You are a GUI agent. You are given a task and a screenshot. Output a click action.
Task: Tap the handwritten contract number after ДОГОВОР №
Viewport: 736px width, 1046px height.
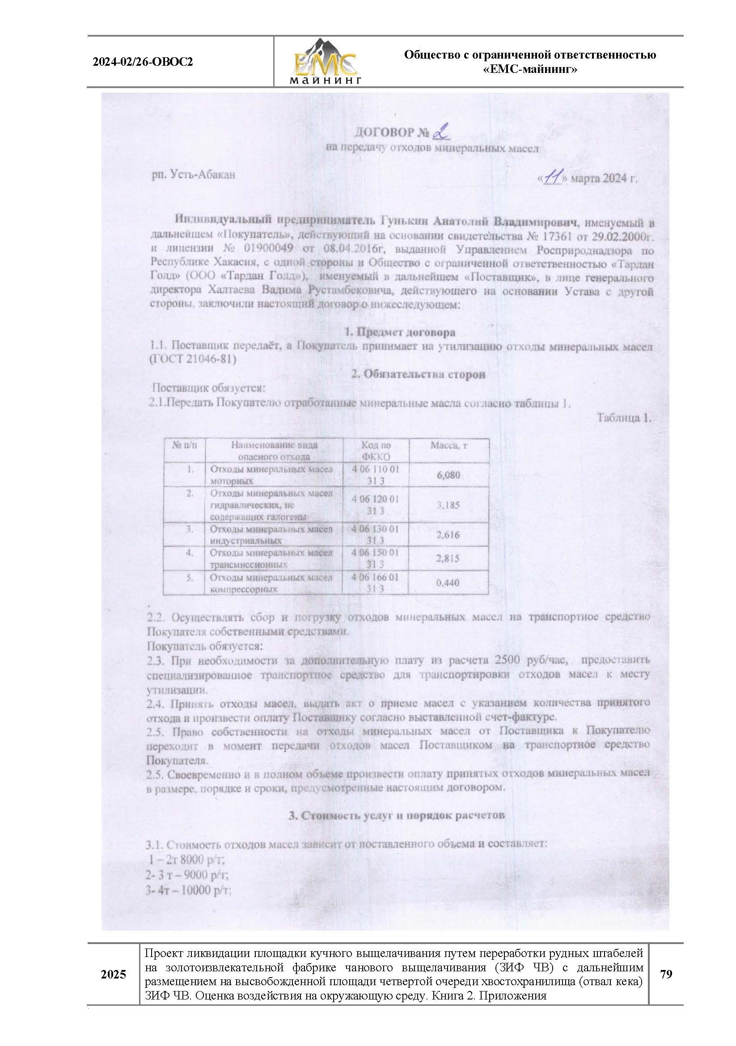tap(441, 133)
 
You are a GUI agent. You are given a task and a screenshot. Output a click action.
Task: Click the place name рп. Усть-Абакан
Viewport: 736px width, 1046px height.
tap(194, 174)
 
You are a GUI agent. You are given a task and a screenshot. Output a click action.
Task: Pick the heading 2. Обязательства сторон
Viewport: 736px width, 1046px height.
tap(418, 374)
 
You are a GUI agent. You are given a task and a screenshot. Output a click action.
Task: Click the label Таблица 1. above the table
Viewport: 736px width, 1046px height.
tap(624, 418)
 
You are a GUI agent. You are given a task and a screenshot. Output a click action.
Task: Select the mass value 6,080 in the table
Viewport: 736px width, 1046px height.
tap(448, 475)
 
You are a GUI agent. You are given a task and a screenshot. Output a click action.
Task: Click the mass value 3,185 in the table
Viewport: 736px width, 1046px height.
tap(448, 505)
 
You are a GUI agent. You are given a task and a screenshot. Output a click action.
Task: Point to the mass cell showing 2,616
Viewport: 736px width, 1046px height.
tap(448, 535)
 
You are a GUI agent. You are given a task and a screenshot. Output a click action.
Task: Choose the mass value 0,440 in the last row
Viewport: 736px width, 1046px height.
tap(448, 583)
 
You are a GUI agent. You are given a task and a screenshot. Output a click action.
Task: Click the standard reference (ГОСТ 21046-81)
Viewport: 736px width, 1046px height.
tap(194, 360)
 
